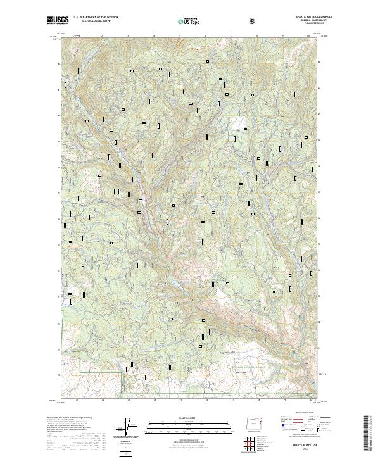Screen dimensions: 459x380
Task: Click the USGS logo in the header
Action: pos(56,21)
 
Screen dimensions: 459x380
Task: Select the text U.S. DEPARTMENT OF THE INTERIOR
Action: pos(96,18)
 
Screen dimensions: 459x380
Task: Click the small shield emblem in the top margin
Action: pos(252,22)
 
